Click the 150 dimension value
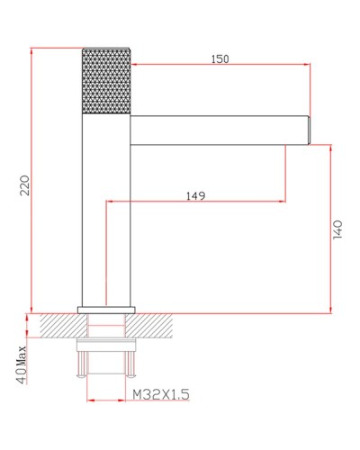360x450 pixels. [x=220, y=59]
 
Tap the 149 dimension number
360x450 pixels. [x=196, y=196]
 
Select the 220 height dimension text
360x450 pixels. [x=25, y=185]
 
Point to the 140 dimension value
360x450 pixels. [x=337, y=229]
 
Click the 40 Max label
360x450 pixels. [x=22, y=364]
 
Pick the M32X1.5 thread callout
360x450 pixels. [x=161, y=394]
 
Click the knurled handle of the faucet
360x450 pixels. [x=106, y=81]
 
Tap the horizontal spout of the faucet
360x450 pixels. [x=220, y=130]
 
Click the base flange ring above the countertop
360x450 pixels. [x=106, y=310]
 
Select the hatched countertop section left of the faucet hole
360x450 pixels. [x=64, y=326]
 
